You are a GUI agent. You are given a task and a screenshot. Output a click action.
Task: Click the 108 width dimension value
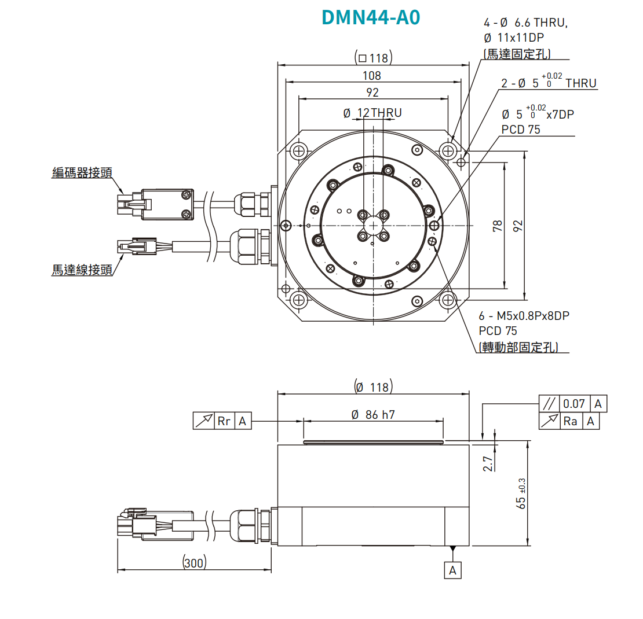tap(372, 75)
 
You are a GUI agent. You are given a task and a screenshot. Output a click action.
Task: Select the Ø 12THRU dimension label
tap(372, 113)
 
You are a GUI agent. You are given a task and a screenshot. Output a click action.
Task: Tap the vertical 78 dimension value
tap(498, 226)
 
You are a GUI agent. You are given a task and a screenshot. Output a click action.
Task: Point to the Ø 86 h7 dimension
tap(373, 414)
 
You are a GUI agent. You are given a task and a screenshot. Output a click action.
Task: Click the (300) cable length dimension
tap(194, 562)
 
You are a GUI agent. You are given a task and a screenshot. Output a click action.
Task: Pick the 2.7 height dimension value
tap(488, 463)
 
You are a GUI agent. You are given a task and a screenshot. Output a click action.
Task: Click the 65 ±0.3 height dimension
tap(521, 493)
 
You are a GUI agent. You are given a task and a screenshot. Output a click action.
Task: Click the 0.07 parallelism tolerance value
tap(574, 404)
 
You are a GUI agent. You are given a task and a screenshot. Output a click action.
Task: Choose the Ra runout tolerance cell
tap(571, 421)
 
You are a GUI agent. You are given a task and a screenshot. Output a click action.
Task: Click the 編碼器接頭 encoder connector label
tap(82, 172)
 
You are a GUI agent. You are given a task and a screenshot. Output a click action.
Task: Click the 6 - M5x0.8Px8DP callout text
tap(524, 316)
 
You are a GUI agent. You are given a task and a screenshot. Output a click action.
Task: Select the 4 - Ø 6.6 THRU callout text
tap(526, 23)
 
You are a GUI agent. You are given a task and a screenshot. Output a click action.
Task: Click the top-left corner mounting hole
tap(299, 152)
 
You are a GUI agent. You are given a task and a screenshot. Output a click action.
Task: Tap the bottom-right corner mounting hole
tap(447, 300)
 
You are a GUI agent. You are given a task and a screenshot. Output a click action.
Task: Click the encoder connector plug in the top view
tap(155, 204)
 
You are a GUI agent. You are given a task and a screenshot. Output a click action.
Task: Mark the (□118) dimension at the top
tap(373, 58)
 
